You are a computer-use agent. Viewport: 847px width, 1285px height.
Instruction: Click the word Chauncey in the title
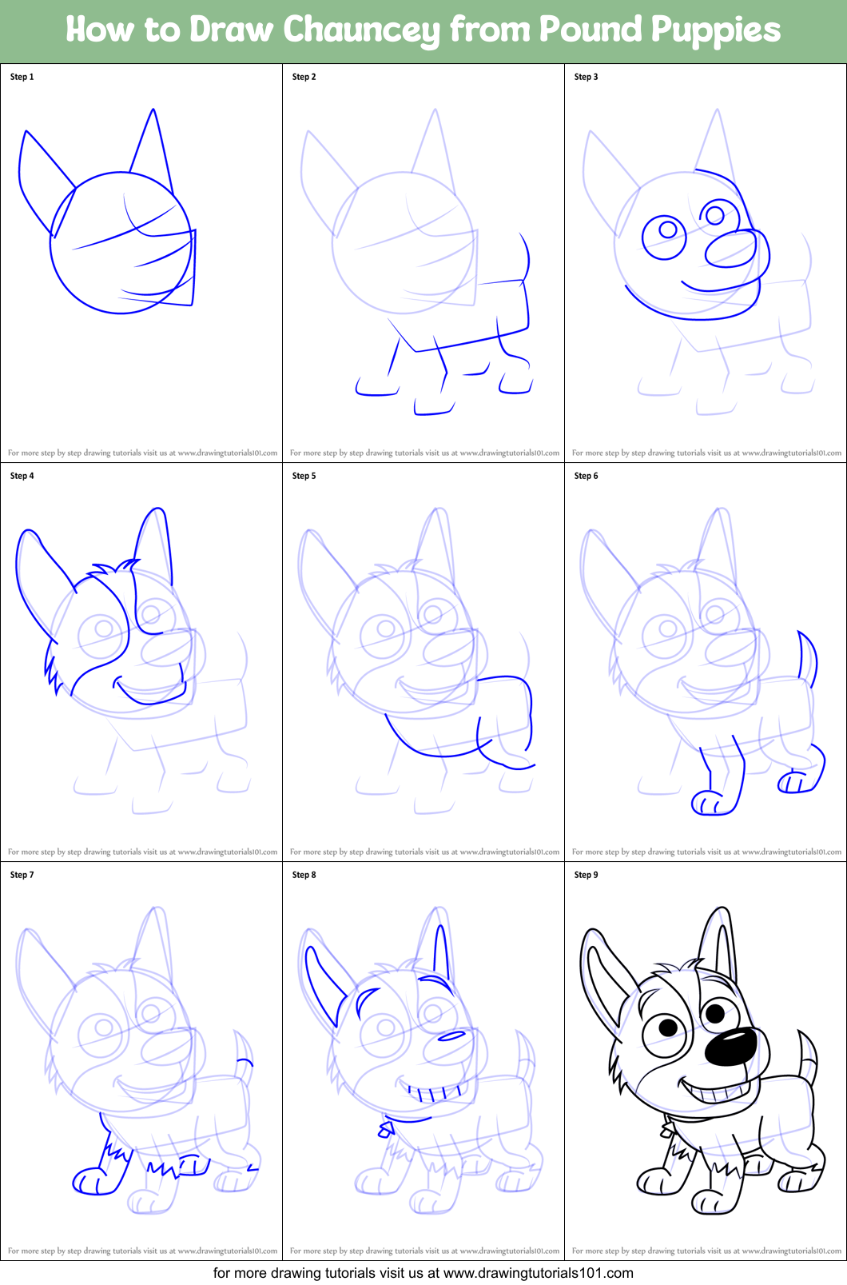pos(360,30)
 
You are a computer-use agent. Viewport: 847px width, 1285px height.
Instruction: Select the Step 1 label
pos(22,77)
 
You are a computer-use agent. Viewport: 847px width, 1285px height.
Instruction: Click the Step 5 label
pos(304,476)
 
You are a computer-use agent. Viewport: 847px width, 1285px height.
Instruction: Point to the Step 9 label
pos(586,875)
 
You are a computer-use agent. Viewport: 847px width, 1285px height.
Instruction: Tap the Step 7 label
pos(22,875)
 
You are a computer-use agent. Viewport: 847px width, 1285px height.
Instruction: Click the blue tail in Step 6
pos(809,657)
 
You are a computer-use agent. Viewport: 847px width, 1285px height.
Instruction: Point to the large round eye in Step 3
pos(664,237)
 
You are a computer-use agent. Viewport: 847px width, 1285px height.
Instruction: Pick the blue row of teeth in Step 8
pos(429,1092)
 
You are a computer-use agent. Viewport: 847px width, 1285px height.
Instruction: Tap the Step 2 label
pos(304,77)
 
